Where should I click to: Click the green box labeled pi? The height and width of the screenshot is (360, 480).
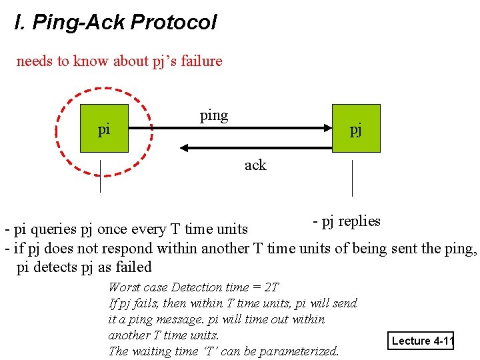[x=104, y=129]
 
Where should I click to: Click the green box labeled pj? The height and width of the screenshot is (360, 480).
[x=356, y=129]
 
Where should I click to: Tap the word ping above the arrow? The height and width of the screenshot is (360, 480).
[x=214, y=115]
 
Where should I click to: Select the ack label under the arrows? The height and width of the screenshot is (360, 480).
[x=255, y=165]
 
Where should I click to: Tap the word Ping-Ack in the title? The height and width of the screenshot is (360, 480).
[x=79, y=23]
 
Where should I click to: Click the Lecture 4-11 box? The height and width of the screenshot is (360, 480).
[x=422, y=341]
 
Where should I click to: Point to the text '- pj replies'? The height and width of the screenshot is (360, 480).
[x=347, y=221]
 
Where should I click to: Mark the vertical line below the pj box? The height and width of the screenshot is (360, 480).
[x=352, y=178]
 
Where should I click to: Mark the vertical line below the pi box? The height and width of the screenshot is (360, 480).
[x=100, y=176]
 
